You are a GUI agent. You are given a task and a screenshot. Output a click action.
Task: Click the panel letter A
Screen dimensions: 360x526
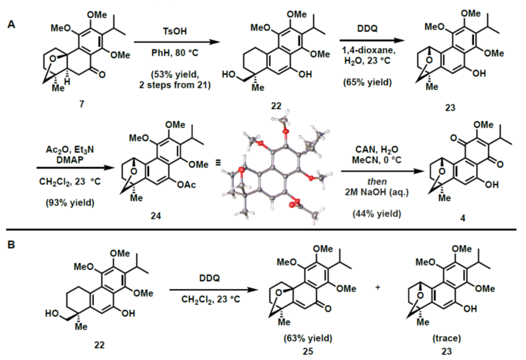click(11, 24)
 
